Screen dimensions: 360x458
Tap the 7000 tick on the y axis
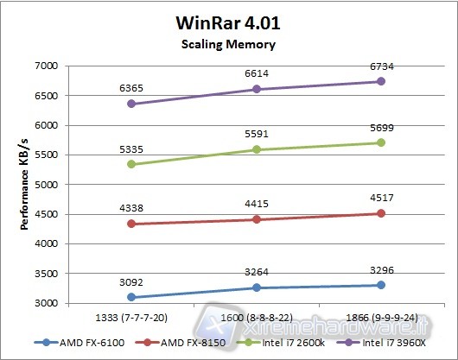tap(44, 66)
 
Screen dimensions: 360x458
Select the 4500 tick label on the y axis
tap(44, 214)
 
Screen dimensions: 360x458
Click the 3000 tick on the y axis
tap(44, 303)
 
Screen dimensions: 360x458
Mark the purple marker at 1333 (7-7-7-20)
tap(130, 104)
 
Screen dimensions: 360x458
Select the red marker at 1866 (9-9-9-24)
tap(382, 213)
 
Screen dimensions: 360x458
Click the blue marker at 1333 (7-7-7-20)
tap(130, 297)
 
